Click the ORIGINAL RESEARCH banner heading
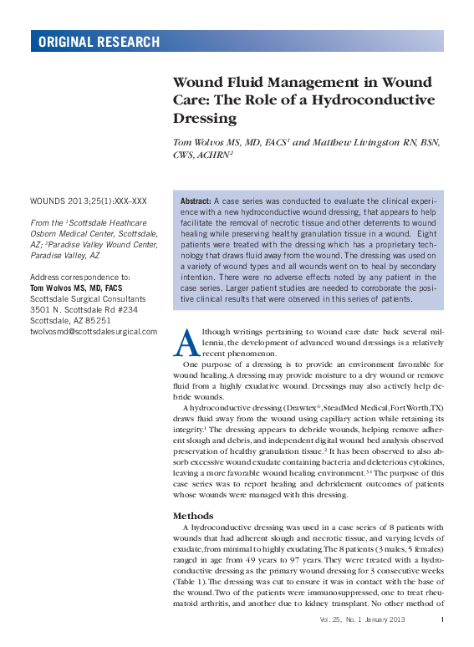(99, 42)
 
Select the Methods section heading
(193, 516)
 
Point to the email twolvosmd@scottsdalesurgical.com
(94, 331)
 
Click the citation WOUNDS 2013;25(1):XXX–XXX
(89, 201)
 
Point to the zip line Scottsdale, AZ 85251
(70, 320)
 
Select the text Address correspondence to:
(79, 277)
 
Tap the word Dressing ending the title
(205, 119)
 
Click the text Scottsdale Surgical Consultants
(88, 298)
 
